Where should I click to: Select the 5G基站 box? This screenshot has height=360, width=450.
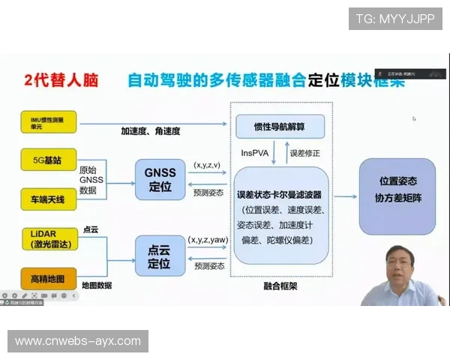(x=49, y=159)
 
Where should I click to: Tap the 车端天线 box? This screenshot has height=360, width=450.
(x=49, y=199)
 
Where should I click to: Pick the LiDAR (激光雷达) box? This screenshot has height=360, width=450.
(x=49, y=239)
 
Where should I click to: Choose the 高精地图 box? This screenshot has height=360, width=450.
(x=49, y=279)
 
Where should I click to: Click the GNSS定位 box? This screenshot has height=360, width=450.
(x=160, y=178)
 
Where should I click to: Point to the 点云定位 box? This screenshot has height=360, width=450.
(x=160, y=256)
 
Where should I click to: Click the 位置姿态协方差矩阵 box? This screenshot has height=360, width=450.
(x=397, y=196)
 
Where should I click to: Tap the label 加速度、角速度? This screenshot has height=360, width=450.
(x=151, y=131)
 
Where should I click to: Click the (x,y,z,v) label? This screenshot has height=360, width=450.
(x=208, y=164)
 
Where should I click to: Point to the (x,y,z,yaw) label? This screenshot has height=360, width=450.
(x=208, y=240)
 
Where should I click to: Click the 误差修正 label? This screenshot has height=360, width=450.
(x=304, y=153)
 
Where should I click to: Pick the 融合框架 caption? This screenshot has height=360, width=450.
(x=279, y=286)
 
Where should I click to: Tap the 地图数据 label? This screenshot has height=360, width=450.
(x=97, y=286)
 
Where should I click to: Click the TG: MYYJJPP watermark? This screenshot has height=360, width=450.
(x=395, y=19)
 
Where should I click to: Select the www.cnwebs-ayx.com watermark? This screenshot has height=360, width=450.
(x=78, y=341)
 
